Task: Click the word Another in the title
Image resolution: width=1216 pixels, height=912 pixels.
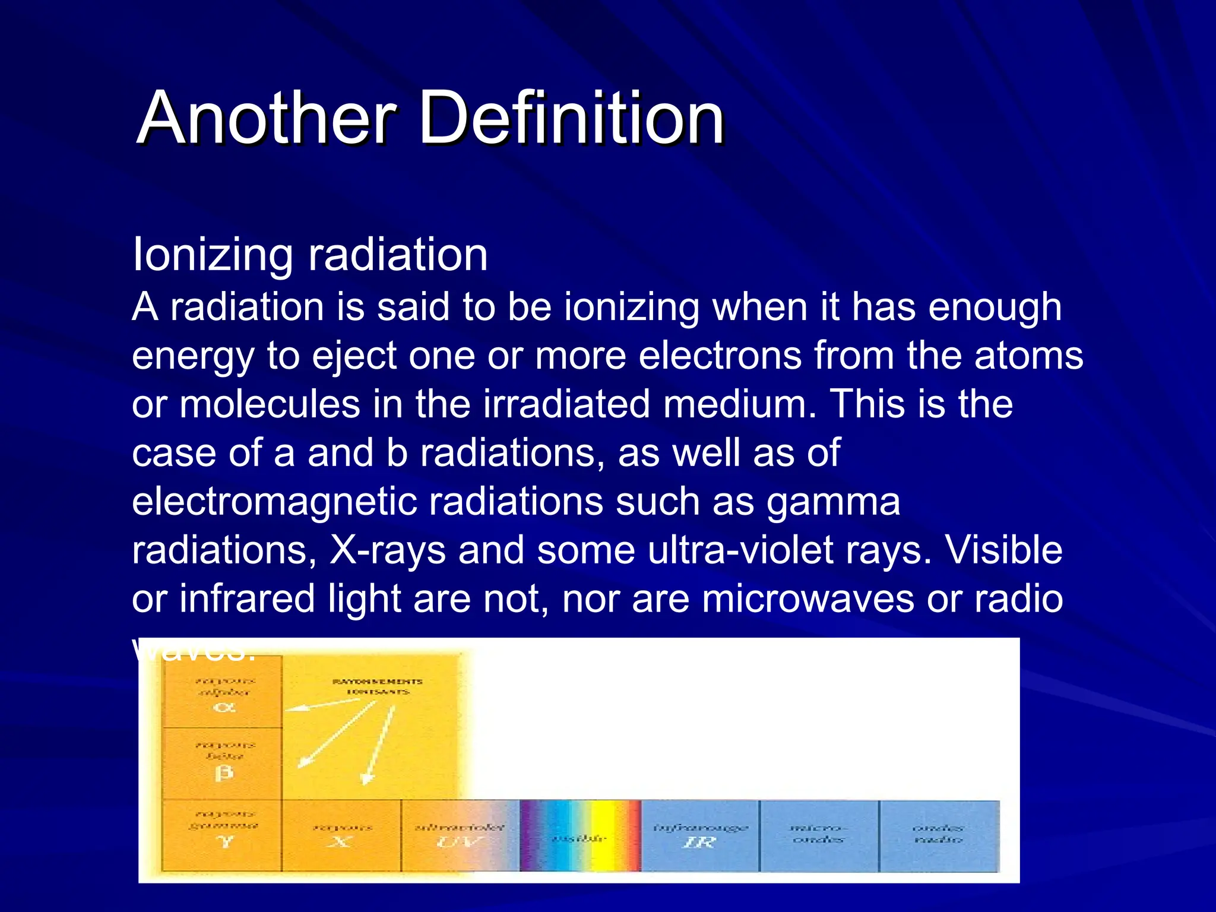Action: coord(267,117)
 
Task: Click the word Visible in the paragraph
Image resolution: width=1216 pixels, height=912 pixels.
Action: coord(1003,550)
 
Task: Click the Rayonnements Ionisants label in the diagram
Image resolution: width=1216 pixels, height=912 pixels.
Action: coord(378,686)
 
